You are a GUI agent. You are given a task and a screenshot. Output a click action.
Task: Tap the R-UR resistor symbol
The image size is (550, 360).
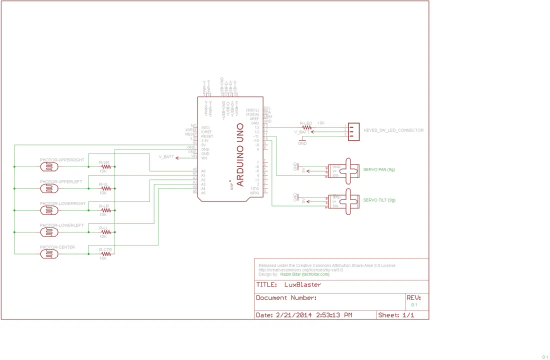[105, 166]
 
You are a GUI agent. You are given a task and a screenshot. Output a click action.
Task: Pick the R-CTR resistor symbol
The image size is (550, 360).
[105, 254]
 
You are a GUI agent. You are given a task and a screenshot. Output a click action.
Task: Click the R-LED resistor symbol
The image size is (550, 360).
[306, 127]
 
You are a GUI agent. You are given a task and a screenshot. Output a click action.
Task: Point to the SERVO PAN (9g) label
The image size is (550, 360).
[379, 169]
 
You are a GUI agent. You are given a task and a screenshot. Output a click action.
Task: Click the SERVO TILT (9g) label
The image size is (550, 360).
[379, 200]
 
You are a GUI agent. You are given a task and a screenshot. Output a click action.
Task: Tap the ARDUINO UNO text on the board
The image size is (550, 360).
[240, 155]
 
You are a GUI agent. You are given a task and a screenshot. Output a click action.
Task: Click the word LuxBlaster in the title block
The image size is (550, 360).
[302, 285]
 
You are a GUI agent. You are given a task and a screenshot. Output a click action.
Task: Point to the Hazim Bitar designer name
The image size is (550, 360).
[291, 274]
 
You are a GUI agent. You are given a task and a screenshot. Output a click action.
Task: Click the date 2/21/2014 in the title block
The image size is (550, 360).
[292, 315]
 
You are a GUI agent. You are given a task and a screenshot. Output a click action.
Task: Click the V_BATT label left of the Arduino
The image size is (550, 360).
[166, 157]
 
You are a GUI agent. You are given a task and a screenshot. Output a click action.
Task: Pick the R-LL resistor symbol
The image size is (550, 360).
[105, 232]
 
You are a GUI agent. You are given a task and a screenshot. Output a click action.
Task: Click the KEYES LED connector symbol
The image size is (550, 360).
[354, 131]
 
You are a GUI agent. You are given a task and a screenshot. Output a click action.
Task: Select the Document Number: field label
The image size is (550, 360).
[286, 298]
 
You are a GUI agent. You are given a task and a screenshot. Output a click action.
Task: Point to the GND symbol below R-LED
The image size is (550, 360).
[302, 140]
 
